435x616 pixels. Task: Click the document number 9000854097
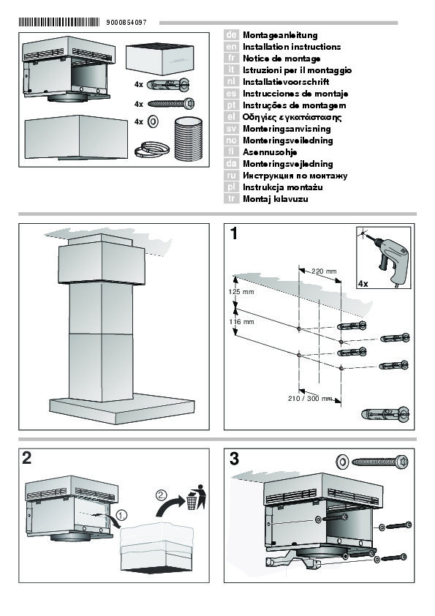[126, 23]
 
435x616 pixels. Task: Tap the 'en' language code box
[231, 47]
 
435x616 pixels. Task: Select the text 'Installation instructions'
[292, 47]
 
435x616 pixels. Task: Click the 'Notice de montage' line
[281, 59]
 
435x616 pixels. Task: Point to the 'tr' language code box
[231, 199]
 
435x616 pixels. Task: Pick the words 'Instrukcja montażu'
[283, 187]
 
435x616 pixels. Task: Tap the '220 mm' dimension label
[324, 271]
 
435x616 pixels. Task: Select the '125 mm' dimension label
[241, 291]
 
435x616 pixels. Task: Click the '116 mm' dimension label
[241, 322]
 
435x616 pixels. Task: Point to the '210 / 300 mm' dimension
[310, 399]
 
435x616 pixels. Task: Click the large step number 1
[234, 233]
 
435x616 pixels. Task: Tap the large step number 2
[27, 458]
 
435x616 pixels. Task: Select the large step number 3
[234, 459]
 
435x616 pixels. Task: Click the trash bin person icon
[197, 497]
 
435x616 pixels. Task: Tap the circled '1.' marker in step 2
[122, 514]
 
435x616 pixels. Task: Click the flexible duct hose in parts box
[188, 139]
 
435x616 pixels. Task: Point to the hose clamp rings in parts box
[151, 149]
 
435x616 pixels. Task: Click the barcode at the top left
[59, 22]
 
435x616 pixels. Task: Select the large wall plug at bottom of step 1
[385, 414]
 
